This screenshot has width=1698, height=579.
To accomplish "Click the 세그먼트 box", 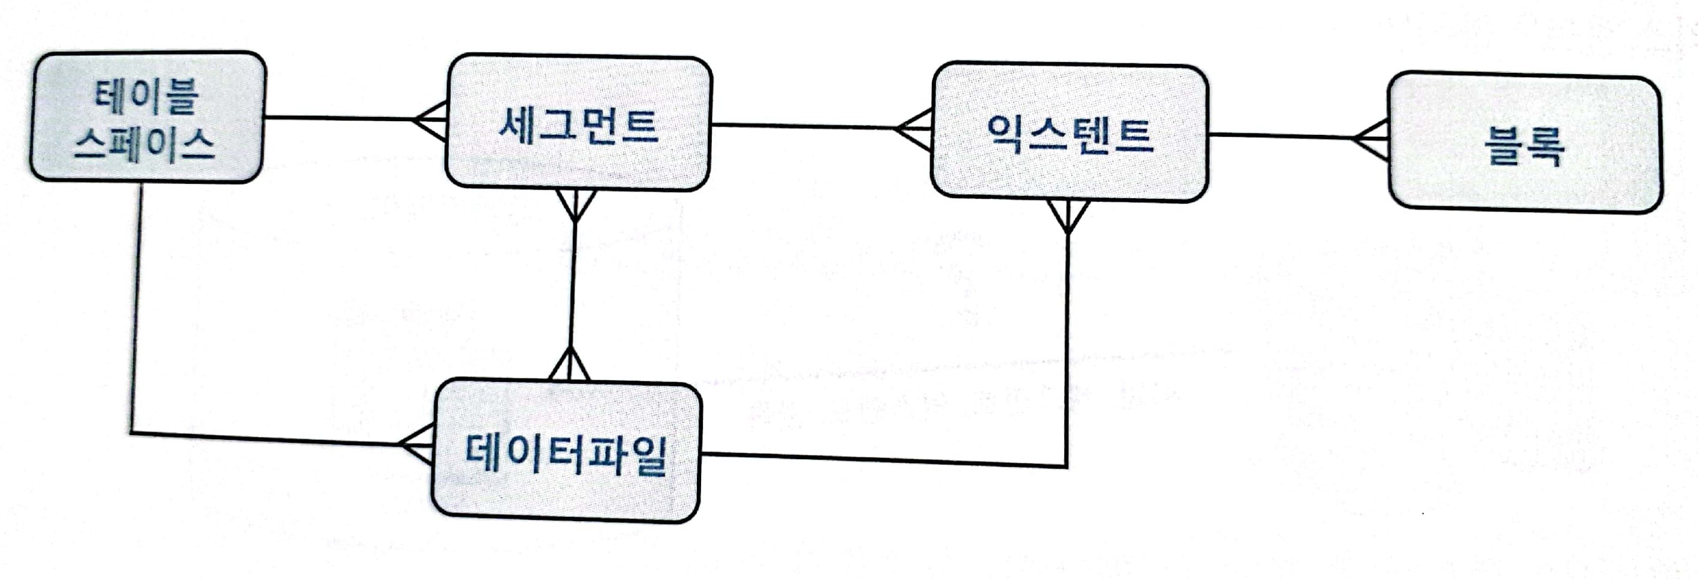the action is [x=578, y=124].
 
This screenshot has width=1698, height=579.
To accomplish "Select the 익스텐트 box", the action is [x=1069, y=132].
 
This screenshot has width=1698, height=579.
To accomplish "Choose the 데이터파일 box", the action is [x=566, y=452].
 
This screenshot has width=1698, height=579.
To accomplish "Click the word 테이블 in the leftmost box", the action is [x=146, y=95].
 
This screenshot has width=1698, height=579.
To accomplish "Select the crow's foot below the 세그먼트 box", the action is [x=575, y=205].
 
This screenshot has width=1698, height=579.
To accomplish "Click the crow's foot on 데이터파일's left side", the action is [x=417, y=444].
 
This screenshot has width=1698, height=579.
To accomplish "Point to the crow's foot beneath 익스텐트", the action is [x=1068, y=216].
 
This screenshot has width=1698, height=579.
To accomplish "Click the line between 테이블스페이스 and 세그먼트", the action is [x=340, y=119].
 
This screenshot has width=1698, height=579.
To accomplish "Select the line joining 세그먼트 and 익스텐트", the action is [x=804, y=126].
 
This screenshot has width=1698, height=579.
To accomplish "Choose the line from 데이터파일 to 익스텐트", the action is [x=883, y=460].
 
